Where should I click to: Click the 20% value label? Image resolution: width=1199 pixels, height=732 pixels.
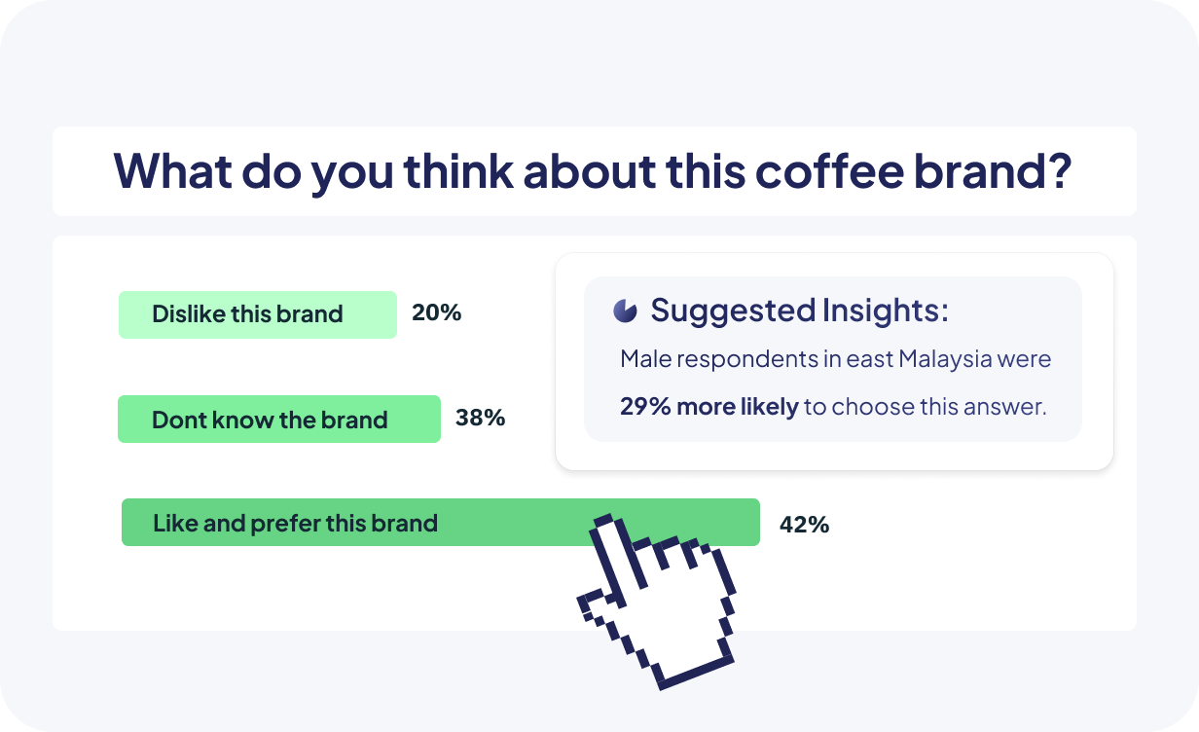tap(436, 312)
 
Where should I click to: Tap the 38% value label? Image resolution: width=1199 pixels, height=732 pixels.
tap(480, 418)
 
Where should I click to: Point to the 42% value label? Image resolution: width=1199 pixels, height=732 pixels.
tap(804, 525)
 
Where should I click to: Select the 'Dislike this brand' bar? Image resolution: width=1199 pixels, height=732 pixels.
tap(258, 314)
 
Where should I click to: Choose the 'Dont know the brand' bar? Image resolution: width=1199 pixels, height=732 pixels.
tap(279, 419)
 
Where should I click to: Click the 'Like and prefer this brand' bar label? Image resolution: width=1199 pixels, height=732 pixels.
tap(296, 523)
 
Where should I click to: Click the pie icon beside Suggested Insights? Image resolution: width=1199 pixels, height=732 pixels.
tap(625, 311)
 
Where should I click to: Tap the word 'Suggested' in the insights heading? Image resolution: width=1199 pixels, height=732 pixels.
tap(734, 311)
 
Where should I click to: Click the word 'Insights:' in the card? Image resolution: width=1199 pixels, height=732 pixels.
tap(886, 311)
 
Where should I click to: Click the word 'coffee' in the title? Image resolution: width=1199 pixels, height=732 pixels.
tap(829, 170)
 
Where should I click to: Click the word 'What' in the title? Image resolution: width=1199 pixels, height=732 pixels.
tap(173, 170)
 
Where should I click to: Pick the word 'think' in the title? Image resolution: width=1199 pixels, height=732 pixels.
tap(458, 170)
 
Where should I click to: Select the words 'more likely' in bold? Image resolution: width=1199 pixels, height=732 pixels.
tap(738, 407)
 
